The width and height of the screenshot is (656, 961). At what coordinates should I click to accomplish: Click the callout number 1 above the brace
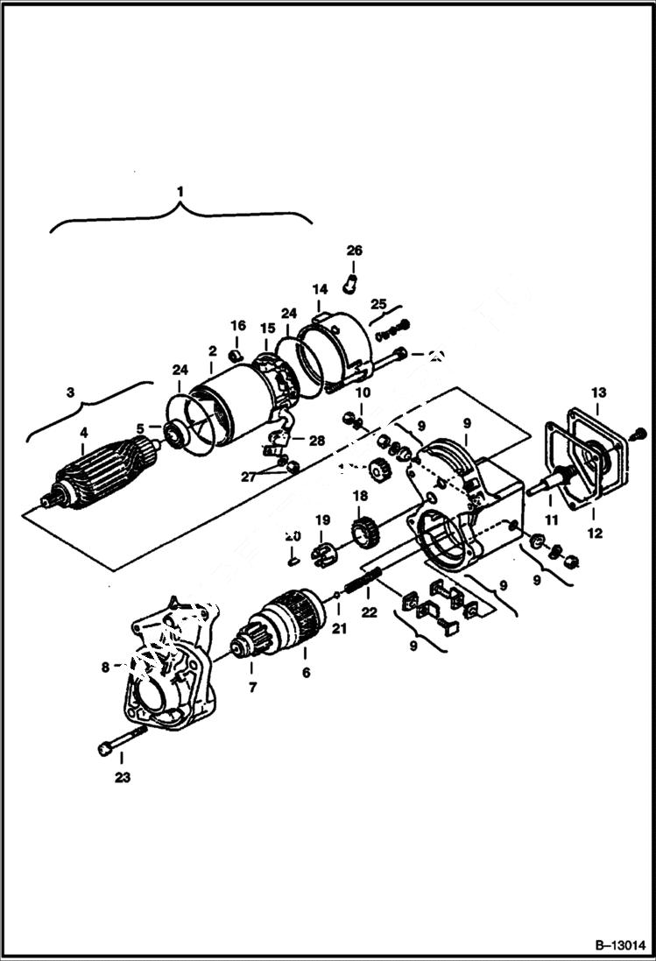[180, 190]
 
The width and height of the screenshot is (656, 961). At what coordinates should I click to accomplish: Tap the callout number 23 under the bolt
[122, 776]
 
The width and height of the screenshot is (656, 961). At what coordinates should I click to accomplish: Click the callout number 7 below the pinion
[252, 688]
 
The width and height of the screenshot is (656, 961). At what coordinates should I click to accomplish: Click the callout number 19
[321, 519]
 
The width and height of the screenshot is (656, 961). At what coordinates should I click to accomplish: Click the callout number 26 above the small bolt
[354, 251]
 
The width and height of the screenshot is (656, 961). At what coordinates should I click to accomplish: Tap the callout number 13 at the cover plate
[598, 392]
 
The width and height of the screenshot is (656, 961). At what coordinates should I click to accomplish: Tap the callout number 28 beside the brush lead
[316, 441]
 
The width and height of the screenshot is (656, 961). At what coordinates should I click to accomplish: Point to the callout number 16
[238, 325]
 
